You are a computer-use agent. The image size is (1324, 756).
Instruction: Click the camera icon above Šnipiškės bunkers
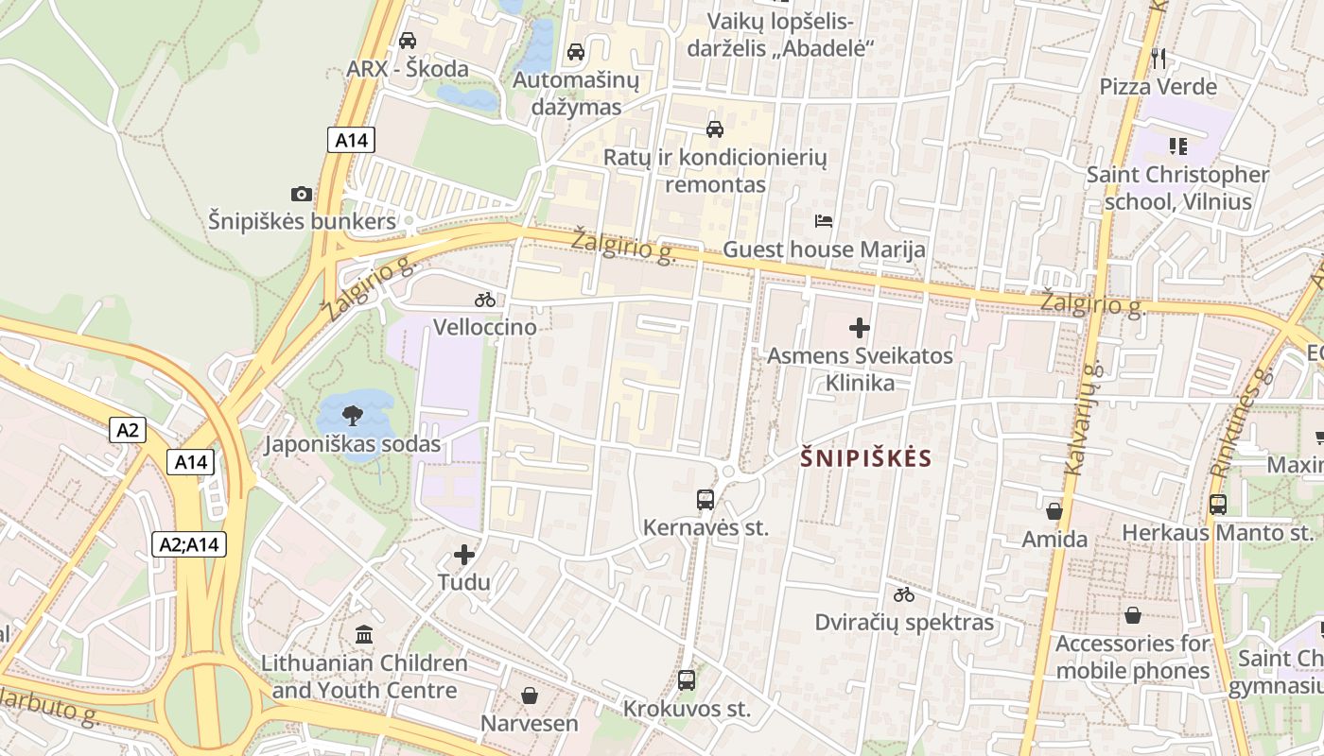[x=301, y=194]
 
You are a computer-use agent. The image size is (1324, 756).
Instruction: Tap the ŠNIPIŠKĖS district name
[x=866, y=459]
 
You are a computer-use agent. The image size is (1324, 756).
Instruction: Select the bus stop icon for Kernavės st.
[x=705, y=499]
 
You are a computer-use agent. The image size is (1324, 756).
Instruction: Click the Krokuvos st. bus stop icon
[x=687, y=679]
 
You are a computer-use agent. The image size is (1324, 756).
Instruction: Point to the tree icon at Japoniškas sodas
[x=354, y=414]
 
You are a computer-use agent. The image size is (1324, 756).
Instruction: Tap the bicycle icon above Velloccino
[x=485, y=300]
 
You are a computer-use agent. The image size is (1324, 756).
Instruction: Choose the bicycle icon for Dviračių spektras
[x=904, y=594]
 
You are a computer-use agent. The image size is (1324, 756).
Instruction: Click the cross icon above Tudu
[x=464, y=555]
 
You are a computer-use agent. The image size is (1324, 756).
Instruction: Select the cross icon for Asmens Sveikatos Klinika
[x=860, y=328]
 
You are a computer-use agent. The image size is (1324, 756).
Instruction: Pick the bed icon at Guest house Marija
[x=824, y=221]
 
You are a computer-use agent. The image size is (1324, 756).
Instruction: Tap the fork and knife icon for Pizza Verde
[x=1158, y=59]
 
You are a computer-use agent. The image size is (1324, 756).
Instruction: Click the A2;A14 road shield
[x=189, y=544]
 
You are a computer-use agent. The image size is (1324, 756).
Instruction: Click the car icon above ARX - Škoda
[x=408, y=41]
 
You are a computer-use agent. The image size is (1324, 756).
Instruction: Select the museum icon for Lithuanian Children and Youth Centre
[x=364, y=634]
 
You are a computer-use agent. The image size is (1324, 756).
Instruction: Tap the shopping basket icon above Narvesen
[x=529, y=696]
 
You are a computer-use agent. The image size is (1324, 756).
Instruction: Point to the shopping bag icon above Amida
[x=1054, y=511]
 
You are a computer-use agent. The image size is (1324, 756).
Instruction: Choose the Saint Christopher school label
[x=1177, y=188]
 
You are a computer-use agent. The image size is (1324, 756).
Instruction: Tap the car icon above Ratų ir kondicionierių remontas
[x=715, y=129]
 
